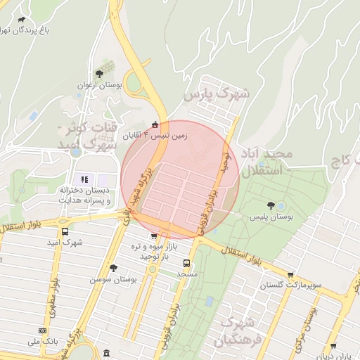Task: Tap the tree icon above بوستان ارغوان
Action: [100, 72]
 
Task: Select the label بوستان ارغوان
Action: [100, 85]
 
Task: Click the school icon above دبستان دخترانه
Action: [84, 179]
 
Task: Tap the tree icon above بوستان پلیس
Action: [271, 205]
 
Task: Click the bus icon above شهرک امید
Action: [65, 231]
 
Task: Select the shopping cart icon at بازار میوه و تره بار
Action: [155, 236]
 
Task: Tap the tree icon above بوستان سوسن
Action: [113, 267]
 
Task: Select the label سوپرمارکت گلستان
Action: [290, 285]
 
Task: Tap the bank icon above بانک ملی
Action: [43, 330]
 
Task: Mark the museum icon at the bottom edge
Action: [106, 352]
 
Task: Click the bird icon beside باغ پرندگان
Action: [22, 20]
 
